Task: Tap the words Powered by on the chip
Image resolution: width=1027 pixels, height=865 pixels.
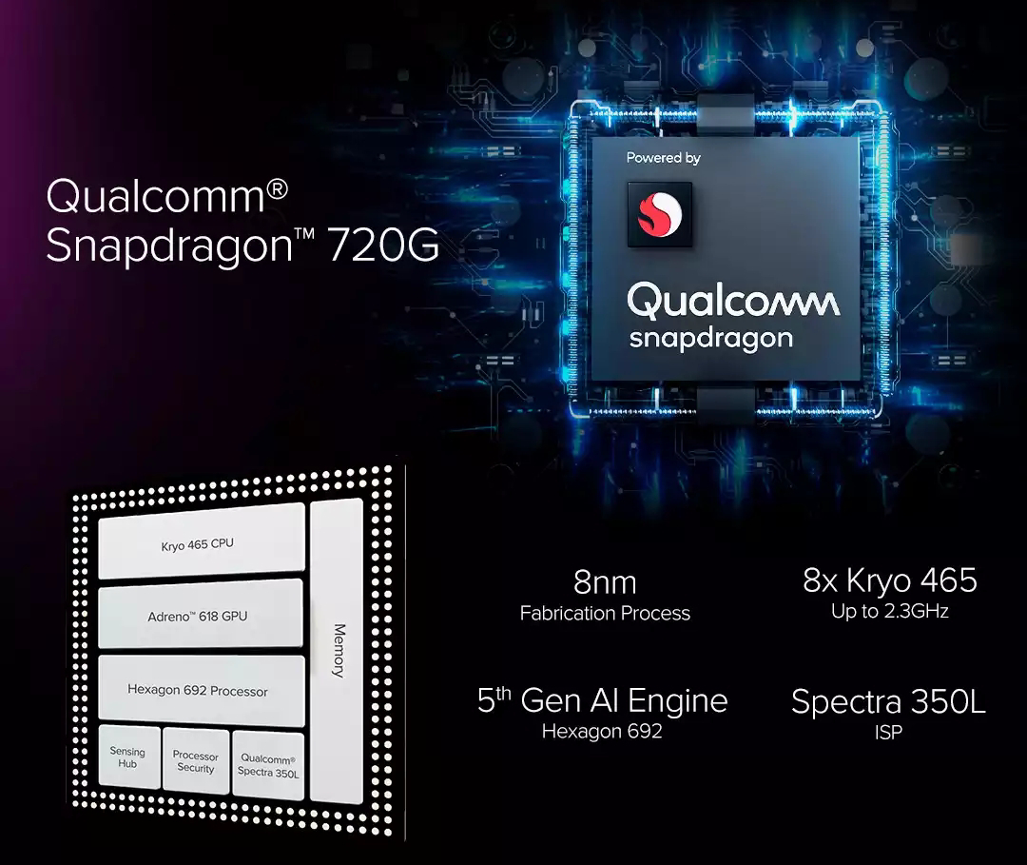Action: click(663, 158)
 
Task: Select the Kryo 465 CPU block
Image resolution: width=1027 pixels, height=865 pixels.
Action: click(198, 543)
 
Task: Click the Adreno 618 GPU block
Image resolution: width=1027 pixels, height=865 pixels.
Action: click(198, 617)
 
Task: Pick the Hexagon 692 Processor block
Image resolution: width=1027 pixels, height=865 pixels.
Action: click(198, 691)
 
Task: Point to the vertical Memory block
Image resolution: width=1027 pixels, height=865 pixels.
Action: click(337, 652)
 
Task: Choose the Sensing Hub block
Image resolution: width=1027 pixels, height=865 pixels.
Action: click(127, 758)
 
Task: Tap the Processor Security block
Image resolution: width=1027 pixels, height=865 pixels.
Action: click(196, 762)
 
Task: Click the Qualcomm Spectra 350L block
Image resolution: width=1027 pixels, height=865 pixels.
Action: click(267, 766)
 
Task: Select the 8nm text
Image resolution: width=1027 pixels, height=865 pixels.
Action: click(605, 581)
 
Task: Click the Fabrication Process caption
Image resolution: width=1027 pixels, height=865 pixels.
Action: click(605, 614)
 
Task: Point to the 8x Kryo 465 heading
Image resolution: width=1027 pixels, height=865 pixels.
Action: click(889, 580)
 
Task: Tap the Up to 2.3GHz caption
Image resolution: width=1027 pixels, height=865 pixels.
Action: click(889, 612)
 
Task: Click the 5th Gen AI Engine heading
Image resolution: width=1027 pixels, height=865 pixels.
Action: click(602, 701)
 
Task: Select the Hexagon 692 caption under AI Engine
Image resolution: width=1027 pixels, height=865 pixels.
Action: click(602, 732)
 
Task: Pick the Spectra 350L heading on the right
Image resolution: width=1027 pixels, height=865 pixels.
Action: click(888, 702)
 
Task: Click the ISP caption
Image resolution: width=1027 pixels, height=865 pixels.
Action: click(889, 733)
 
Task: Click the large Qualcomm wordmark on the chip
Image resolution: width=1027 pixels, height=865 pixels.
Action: click(733, 302)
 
